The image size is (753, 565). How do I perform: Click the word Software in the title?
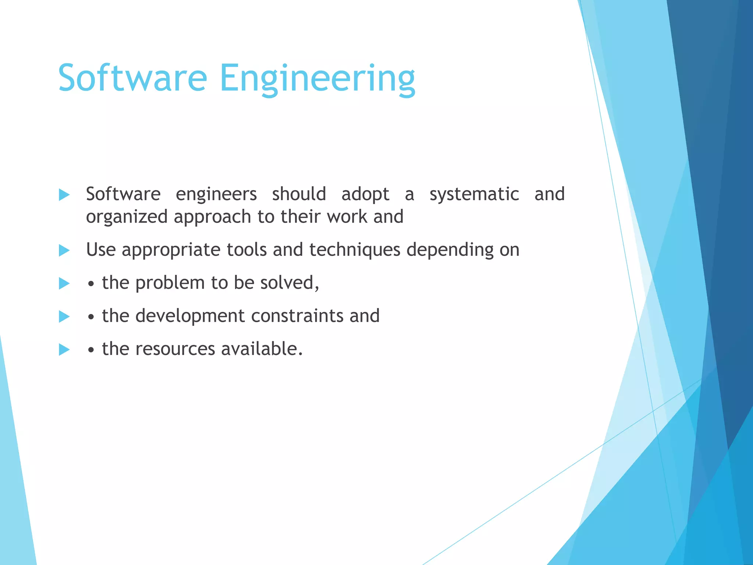tap(132, 78)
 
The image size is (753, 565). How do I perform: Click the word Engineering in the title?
tap(317, 79)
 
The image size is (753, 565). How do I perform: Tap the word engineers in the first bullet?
tap(216, 195)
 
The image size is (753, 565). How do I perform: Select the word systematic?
tap(474, 195)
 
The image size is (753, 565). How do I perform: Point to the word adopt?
tap(365, 195)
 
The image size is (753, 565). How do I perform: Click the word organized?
tap(127, 217)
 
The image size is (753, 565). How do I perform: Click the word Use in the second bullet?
tap(101, 250)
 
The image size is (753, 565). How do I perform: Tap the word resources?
tap(175, 349)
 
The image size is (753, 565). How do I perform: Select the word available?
tap(261, 349)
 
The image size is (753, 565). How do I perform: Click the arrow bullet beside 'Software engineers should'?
tap(64, 195)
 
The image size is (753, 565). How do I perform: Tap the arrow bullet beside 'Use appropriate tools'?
tap(64, 250)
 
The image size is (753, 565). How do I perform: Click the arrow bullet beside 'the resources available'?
tap(64, 349)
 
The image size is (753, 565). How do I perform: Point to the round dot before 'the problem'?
tap(91, 284)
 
